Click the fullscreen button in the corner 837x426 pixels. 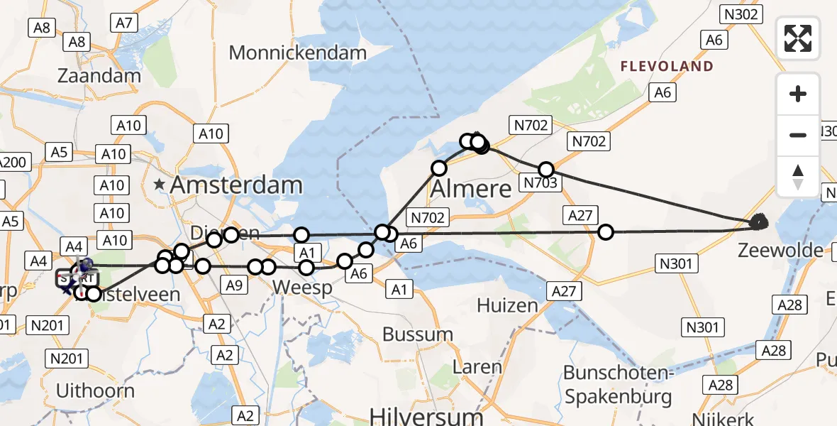798,38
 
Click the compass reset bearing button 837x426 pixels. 798,175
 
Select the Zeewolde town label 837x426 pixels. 781,250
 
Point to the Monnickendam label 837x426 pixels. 298,53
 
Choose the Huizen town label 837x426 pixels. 507,306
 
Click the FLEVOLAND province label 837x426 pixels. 667,67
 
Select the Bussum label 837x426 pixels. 417,334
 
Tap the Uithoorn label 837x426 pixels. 95,390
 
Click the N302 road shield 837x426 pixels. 741,13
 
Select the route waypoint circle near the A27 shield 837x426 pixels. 606,231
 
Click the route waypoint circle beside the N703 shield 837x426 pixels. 545,170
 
